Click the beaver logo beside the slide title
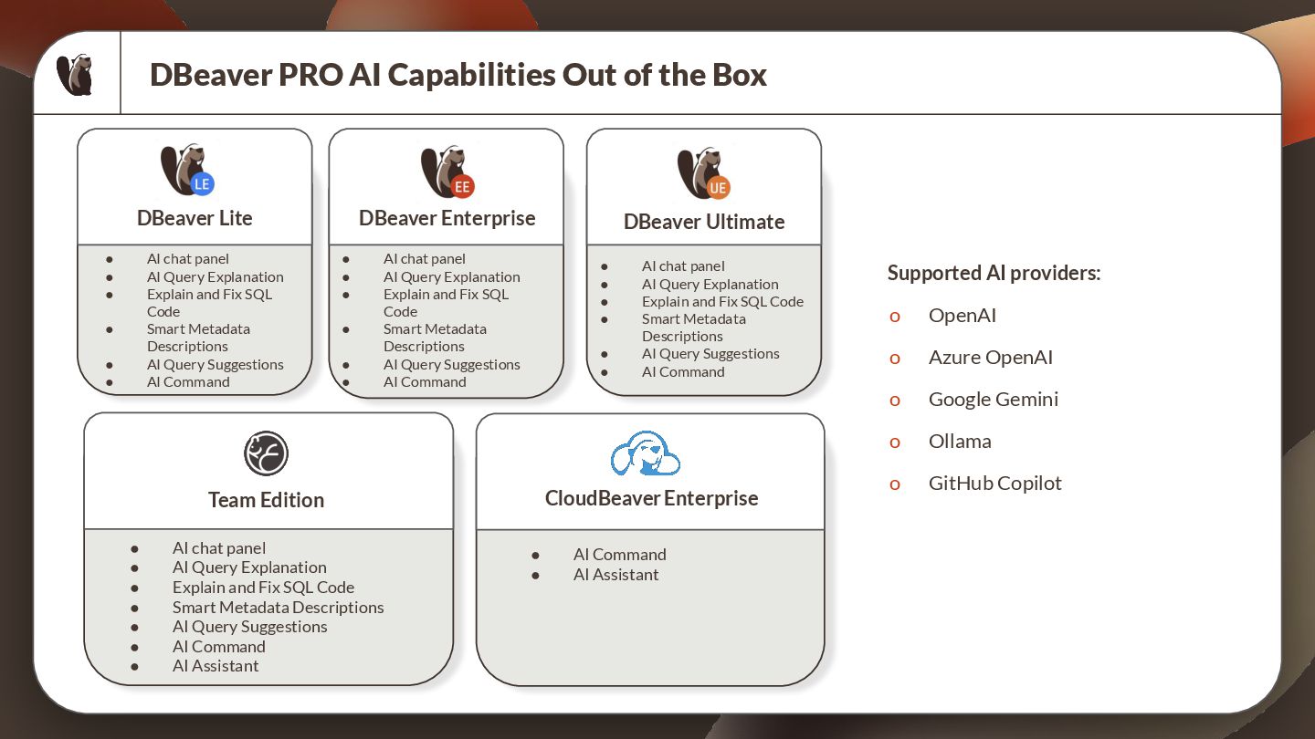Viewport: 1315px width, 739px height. [x=75, y=75]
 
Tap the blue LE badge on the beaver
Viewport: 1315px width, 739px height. [x=202, y=184]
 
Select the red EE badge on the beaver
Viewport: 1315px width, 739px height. [x=462, y=187]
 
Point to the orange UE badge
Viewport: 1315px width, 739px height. [x=718, y=188]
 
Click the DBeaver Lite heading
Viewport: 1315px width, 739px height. [x=195, y=219]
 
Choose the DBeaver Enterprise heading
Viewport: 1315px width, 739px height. [x=447, y=219]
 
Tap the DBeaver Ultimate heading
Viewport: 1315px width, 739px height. [x=704, y=223]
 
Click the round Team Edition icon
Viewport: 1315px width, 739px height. [x=266, y=453]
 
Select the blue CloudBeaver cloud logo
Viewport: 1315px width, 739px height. [x=646, y=453]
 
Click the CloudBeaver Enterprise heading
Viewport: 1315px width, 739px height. [x=651, y=499]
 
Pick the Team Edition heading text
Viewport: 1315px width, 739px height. [x=266, y=500]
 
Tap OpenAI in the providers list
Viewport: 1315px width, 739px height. [x=962, y=316]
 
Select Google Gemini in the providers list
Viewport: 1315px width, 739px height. [x=993, y=400]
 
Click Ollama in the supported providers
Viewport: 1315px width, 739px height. [x=959, y=442]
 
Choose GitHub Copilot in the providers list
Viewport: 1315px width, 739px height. [x=994, y=484]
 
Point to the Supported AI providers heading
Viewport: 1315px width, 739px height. [x=994, y=274]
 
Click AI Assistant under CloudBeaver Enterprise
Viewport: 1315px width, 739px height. [x=615, y=575]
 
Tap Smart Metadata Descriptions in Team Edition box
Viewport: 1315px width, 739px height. [x=278, y=608]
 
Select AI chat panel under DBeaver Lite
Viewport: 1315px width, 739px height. [x=187, y=259]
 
